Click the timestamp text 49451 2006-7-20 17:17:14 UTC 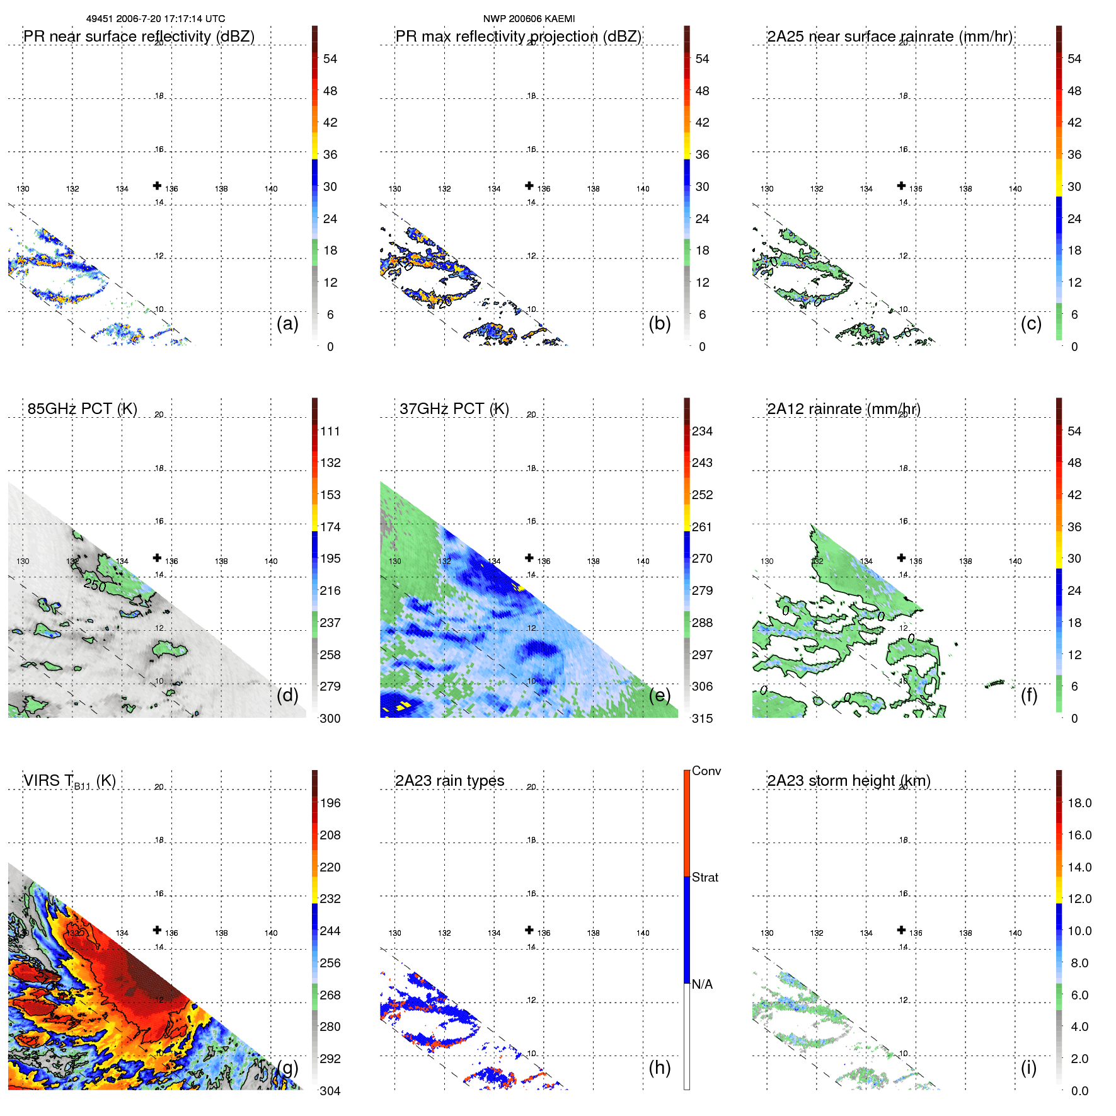point(155,19)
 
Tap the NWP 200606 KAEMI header point(529,19)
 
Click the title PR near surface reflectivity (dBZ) point(139,37)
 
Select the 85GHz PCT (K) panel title point(82,409)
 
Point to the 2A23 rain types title point(449,781)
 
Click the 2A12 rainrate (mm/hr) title point(843,409)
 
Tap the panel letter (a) point(287,323)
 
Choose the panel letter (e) point(659,695)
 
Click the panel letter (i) point(1028,1067)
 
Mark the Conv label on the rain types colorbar point(706,771)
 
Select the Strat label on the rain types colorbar point(705,877)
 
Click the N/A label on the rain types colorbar point(702,984)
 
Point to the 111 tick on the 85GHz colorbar point(330,431)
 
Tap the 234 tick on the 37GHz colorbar point(702,431)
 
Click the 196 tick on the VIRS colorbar point(330,803)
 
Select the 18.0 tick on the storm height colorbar point(1079,803)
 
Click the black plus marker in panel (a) point(157,185)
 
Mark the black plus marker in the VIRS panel point(157,930)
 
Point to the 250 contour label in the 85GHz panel point(95,585)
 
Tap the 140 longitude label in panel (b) point(643,188)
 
